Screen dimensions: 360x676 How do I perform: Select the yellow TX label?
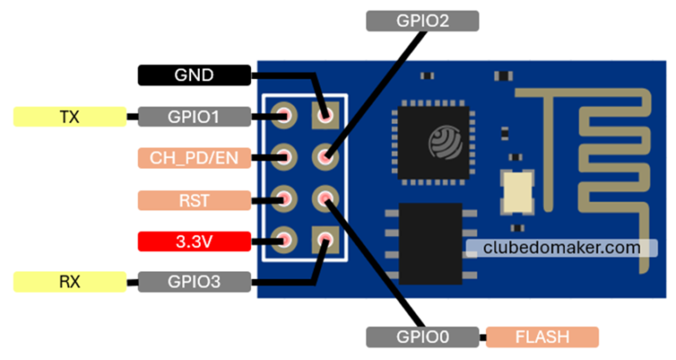[70, 116]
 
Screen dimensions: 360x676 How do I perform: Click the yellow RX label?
[70, 282]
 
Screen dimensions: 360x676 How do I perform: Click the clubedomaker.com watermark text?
[562, 248]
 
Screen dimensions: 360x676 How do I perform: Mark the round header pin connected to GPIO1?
[283, 114]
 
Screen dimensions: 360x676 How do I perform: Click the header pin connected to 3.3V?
[283, 239]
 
